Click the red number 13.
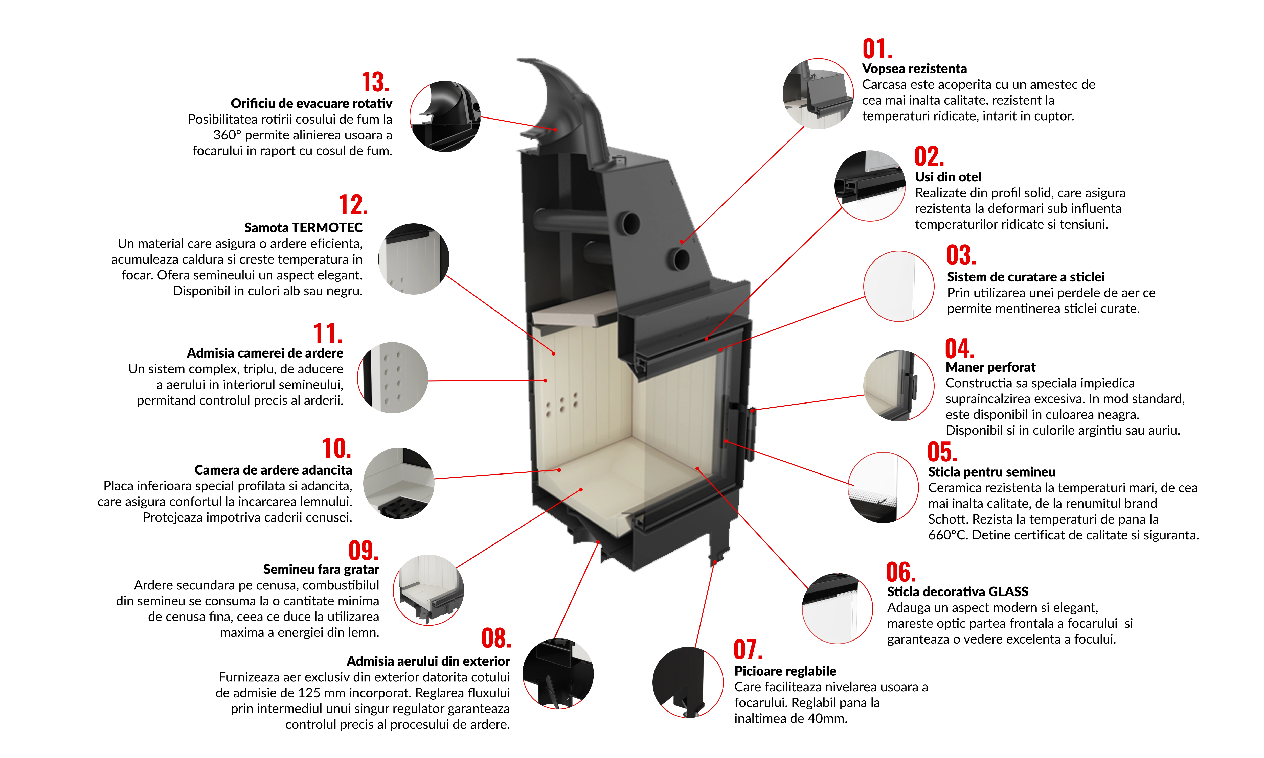375,82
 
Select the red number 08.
496,638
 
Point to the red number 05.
942,452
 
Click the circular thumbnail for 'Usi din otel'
870,185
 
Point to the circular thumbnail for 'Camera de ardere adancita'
398,483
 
